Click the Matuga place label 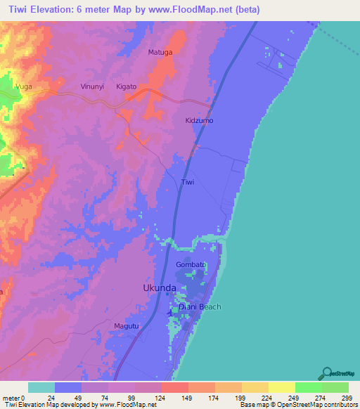[x=160, y=52]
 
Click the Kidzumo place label [x=199, y=121]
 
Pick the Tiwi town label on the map [x=188, y=182]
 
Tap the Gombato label [x=190, y=264]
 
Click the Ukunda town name [x=160, y=288]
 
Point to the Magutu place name [x=127, y=326]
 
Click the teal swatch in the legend [x=41, y=387]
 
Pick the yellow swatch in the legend [x=281, y=387]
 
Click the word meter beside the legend [x=12, y=398]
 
